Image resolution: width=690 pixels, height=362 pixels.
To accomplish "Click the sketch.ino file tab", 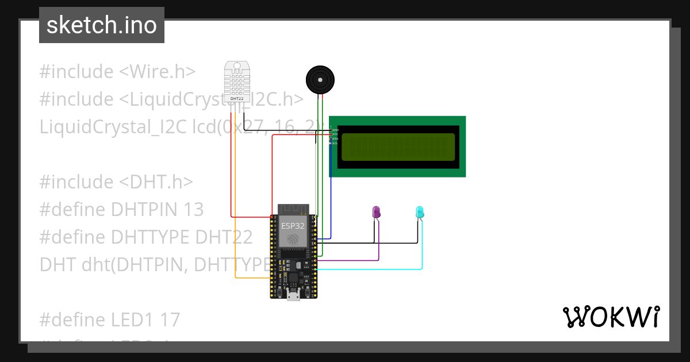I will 102,25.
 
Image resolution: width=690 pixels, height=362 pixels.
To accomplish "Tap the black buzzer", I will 319,79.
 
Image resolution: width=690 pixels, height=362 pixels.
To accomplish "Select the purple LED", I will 377,212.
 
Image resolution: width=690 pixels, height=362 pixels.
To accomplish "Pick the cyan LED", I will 420,212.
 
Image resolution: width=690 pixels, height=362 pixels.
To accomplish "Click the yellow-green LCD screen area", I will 398,147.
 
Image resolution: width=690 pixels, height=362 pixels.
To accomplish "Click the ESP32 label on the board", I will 293,225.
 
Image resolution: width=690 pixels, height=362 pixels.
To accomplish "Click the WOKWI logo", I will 611,317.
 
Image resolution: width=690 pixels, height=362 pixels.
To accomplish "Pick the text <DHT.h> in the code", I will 156,182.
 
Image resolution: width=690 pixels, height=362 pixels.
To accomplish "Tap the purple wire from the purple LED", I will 356,260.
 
